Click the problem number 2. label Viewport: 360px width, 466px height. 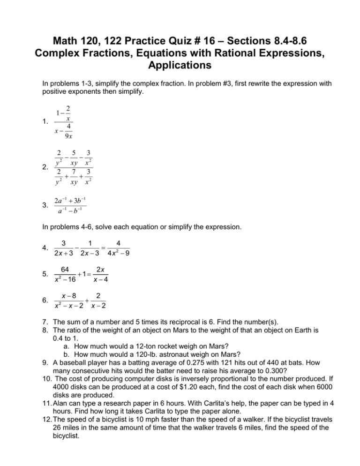(x=45, y=167)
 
